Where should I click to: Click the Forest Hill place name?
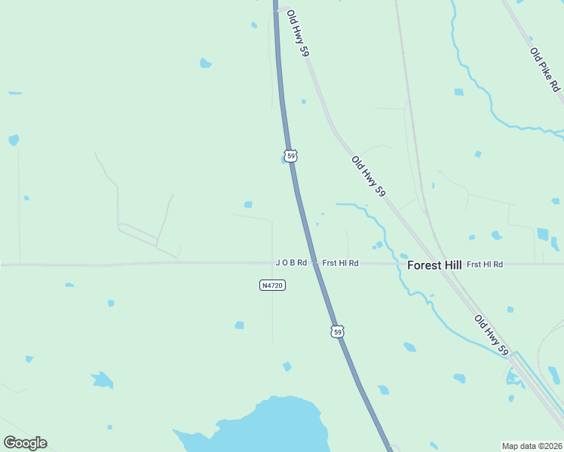pos(434,265)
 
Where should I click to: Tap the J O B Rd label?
pos(291,263)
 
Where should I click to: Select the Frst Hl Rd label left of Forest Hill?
pos(340,263)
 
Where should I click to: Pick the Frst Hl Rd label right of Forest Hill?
pos(485,264)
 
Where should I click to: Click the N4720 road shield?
pos(272,286)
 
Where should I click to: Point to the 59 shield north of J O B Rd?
pos(291,155)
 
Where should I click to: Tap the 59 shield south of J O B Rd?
pos(337,331)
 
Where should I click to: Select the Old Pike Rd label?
pos(545,69)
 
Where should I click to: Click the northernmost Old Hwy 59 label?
pos(299,33)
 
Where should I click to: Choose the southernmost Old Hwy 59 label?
pos(492,335)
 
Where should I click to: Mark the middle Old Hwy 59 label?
pos(368,177)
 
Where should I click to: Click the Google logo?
pos(25,443)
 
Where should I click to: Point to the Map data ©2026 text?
pos(532,445)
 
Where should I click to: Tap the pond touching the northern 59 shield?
pos(284,160)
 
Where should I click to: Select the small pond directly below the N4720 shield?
pos(239,325)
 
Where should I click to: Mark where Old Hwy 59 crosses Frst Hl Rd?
pos(443,264)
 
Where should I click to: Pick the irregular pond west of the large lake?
pos(102,379)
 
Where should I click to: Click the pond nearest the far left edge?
pos(13,140)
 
